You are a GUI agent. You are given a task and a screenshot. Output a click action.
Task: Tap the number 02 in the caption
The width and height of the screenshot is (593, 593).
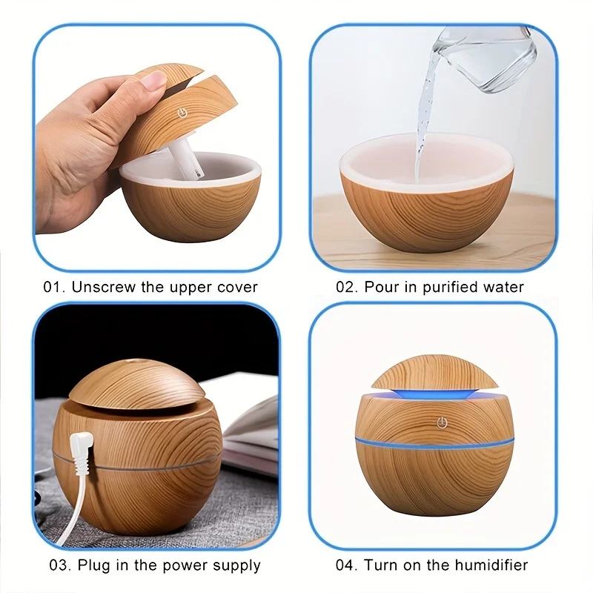pos(346,287)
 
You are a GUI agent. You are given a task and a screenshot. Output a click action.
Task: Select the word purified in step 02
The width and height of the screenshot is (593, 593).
pos(451,287)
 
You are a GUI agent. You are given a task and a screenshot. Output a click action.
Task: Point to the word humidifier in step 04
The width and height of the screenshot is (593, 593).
pos(491,566)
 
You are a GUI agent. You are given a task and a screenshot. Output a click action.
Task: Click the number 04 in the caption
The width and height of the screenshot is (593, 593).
pos(346,566)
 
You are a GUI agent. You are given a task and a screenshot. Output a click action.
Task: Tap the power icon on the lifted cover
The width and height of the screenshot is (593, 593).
pos(180,115)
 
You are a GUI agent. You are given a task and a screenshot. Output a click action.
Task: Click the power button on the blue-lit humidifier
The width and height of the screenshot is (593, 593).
pos(442,423)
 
